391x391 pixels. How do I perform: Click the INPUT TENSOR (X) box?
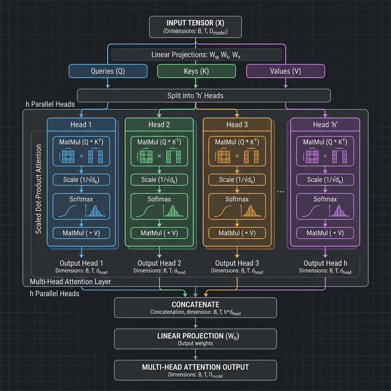(195, 27)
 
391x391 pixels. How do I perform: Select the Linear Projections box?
(195, 55)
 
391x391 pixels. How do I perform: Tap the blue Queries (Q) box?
(108, 71)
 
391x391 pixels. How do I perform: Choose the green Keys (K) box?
(196, 71)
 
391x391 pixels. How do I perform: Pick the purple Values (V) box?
(285, 71)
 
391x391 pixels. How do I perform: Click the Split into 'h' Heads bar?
(204, 95)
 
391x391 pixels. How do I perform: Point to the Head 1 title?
(81, 125)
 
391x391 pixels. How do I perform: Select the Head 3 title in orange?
(237, 125)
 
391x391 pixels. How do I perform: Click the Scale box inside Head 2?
(159, 180)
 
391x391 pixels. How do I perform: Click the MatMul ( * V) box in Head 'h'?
(325, 233)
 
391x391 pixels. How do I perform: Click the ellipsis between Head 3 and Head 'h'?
(280, 192)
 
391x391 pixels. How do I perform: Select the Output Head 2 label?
(159, 263)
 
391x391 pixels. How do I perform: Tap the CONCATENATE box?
(195, 308)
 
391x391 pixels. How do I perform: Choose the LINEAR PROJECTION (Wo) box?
(195, 339)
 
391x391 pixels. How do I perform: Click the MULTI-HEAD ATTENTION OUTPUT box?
(195, 370)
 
